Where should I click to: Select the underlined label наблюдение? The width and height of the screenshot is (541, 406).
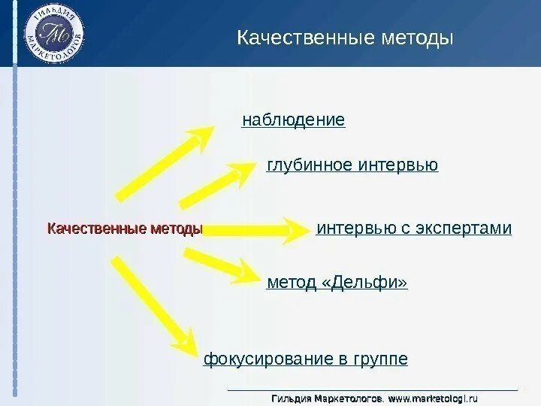click(x=293, y=120)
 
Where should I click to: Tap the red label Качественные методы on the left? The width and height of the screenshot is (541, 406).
click(x=125, y=229)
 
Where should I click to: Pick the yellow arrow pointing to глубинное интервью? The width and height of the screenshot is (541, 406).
click(x=219, y=184)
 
